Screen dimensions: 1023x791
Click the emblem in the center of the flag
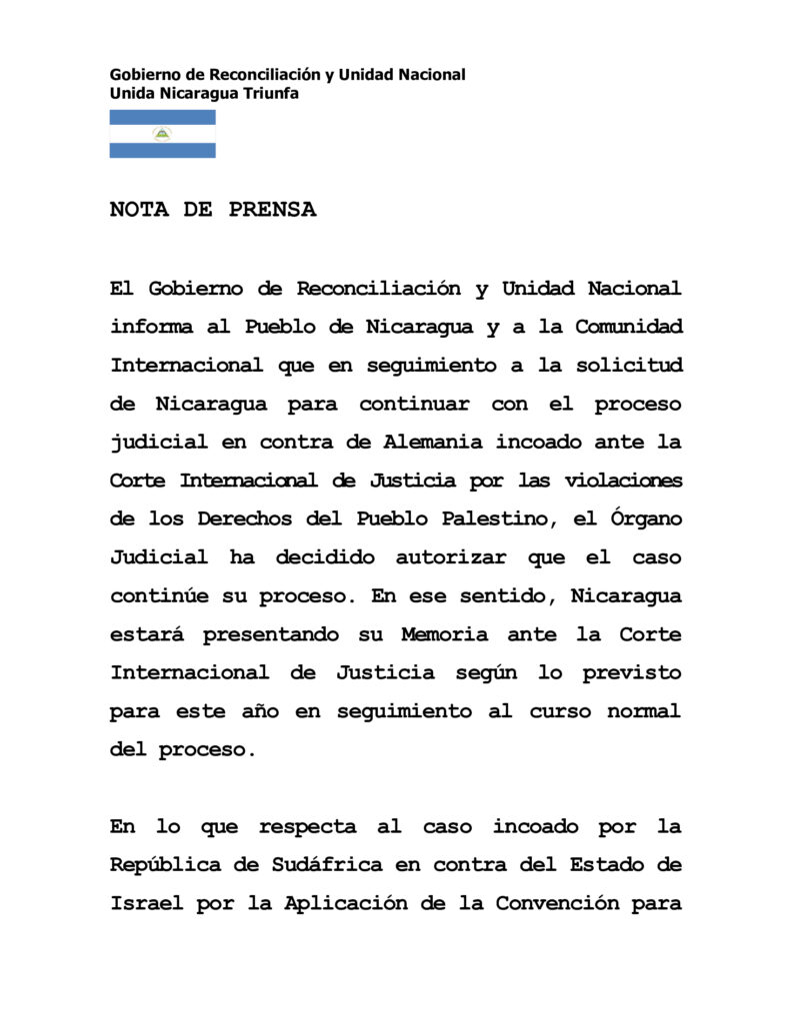[162, 134]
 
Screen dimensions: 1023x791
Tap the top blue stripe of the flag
[162, 117]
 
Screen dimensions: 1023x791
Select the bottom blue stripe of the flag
[162, 151]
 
